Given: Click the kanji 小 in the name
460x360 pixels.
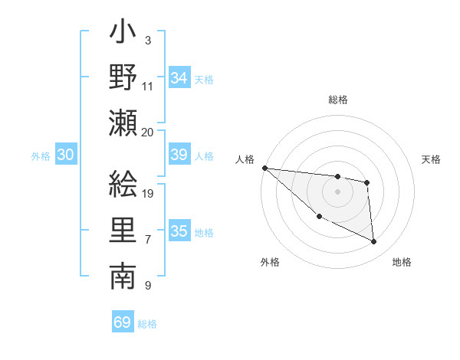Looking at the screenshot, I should [123, 34].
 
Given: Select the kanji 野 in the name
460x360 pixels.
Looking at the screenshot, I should [123, 79].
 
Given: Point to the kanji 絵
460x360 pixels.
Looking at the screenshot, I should [123, 184].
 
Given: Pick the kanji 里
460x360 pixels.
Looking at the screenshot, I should [123, 231].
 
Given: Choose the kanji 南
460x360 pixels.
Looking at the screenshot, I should [123, 277].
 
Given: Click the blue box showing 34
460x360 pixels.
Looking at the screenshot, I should [179, 78].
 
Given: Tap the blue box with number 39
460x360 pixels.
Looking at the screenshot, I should [179, 155].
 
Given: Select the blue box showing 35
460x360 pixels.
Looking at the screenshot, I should [179, 231].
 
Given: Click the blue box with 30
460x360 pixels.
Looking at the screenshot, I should [65, 155].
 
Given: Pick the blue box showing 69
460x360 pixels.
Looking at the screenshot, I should [122, 322].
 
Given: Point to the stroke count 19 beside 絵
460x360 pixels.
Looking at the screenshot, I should [149, 194].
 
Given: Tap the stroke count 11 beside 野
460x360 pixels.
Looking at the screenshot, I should [148, 86].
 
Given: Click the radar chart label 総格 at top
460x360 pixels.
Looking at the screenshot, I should [337, 100].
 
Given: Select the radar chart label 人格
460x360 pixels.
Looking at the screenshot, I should [246, 159].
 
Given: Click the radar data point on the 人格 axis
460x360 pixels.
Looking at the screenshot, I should [264, 168].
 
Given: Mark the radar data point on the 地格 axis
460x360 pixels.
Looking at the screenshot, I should [373, 242].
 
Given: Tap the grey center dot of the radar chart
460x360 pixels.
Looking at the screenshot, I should [337, 191].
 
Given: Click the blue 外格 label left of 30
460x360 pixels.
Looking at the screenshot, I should [41, 156].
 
